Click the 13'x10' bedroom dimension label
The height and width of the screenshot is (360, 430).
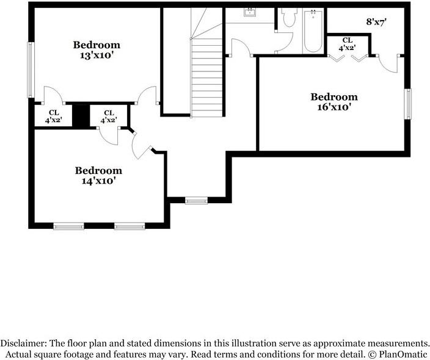(x=97, y=56)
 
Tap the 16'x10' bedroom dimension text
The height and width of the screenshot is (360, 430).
(x=334, y=107)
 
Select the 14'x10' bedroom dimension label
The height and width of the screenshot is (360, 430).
(x=98, y=181)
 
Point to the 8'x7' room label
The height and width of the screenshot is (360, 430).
(x=376, y=22)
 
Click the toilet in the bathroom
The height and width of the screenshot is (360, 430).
(x=289, y=17)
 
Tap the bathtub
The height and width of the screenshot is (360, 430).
(x=313, y=31)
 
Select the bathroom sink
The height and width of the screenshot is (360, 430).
(x=250, y=12)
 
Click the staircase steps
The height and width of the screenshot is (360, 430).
(x=207, y=77)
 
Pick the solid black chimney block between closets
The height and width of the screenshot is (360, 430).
(x=81, y=115)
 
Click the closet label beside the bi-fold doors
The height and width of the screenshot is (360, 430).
(x=347, y=44)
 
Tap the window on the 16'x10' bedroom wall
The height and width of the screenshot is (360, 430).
(x=408, y=104)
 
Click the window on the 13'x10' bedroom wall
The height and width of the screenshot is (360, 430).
(x=31, y=70)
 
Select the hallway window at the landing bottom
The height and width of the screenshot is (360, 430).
(x=196, y=201)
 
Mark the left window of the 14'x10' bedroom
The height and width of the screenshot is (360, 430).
(x=68, y=226)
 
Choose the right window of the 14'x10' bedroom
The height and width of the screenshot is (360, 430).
(x=129, y=226)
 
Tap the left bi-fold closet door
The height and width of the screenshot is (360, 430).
(x=336, y=59)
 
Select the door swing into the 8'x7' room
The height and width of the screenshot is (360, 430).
(x=387, y=65)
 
